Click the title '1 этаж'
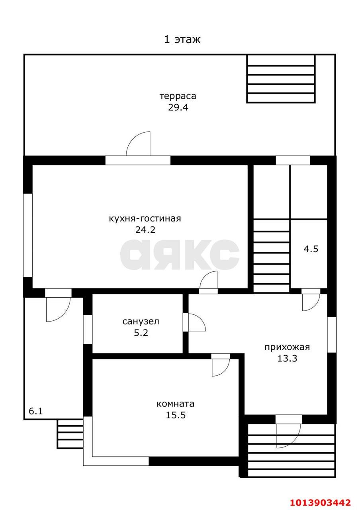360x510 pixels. [x=182, y=40]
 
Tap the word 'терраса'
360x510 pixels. [x=178, y=96]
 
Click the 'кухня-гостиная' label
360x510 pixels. [x=145, y=218]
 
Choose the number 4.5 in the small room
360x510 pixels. [x=311, y=250]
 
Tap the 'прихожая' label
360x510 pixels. [x=287, y=347]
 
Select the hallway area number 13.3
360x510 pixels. [x=287, y=358]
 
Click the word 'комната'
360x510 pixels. [x=176, y=404]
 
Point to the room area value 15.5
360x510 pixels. [x=176, y=415]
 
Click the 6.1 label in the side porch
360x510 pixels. [x=36, y=411]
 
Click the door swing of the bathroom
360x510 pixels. [x=197, y=323]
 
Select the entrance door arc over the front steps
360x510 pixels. [x=288, y=436]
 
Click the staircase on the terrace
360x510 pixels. [x=281, y=79]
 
